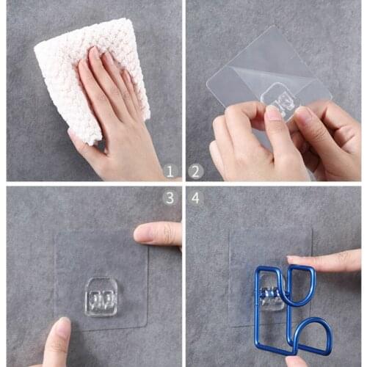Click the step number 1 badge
170,170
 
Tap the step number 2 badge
196,171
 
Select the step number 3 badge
170,198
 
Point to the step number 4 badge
195,198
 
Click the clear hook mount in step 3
101,297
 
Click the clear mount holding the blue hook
272,294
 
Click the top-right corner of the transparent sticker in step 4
312,229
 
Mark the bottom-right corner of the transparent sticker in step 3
147,326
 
